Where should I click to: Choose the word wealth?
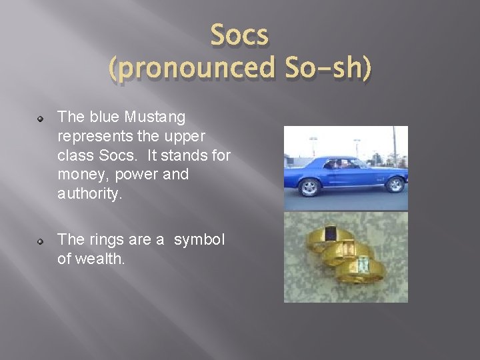tap(100, 259)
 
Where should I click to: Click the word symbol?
tap(200, 240)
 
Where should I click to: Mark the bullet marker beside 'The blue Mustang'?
tap(41, 119)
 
